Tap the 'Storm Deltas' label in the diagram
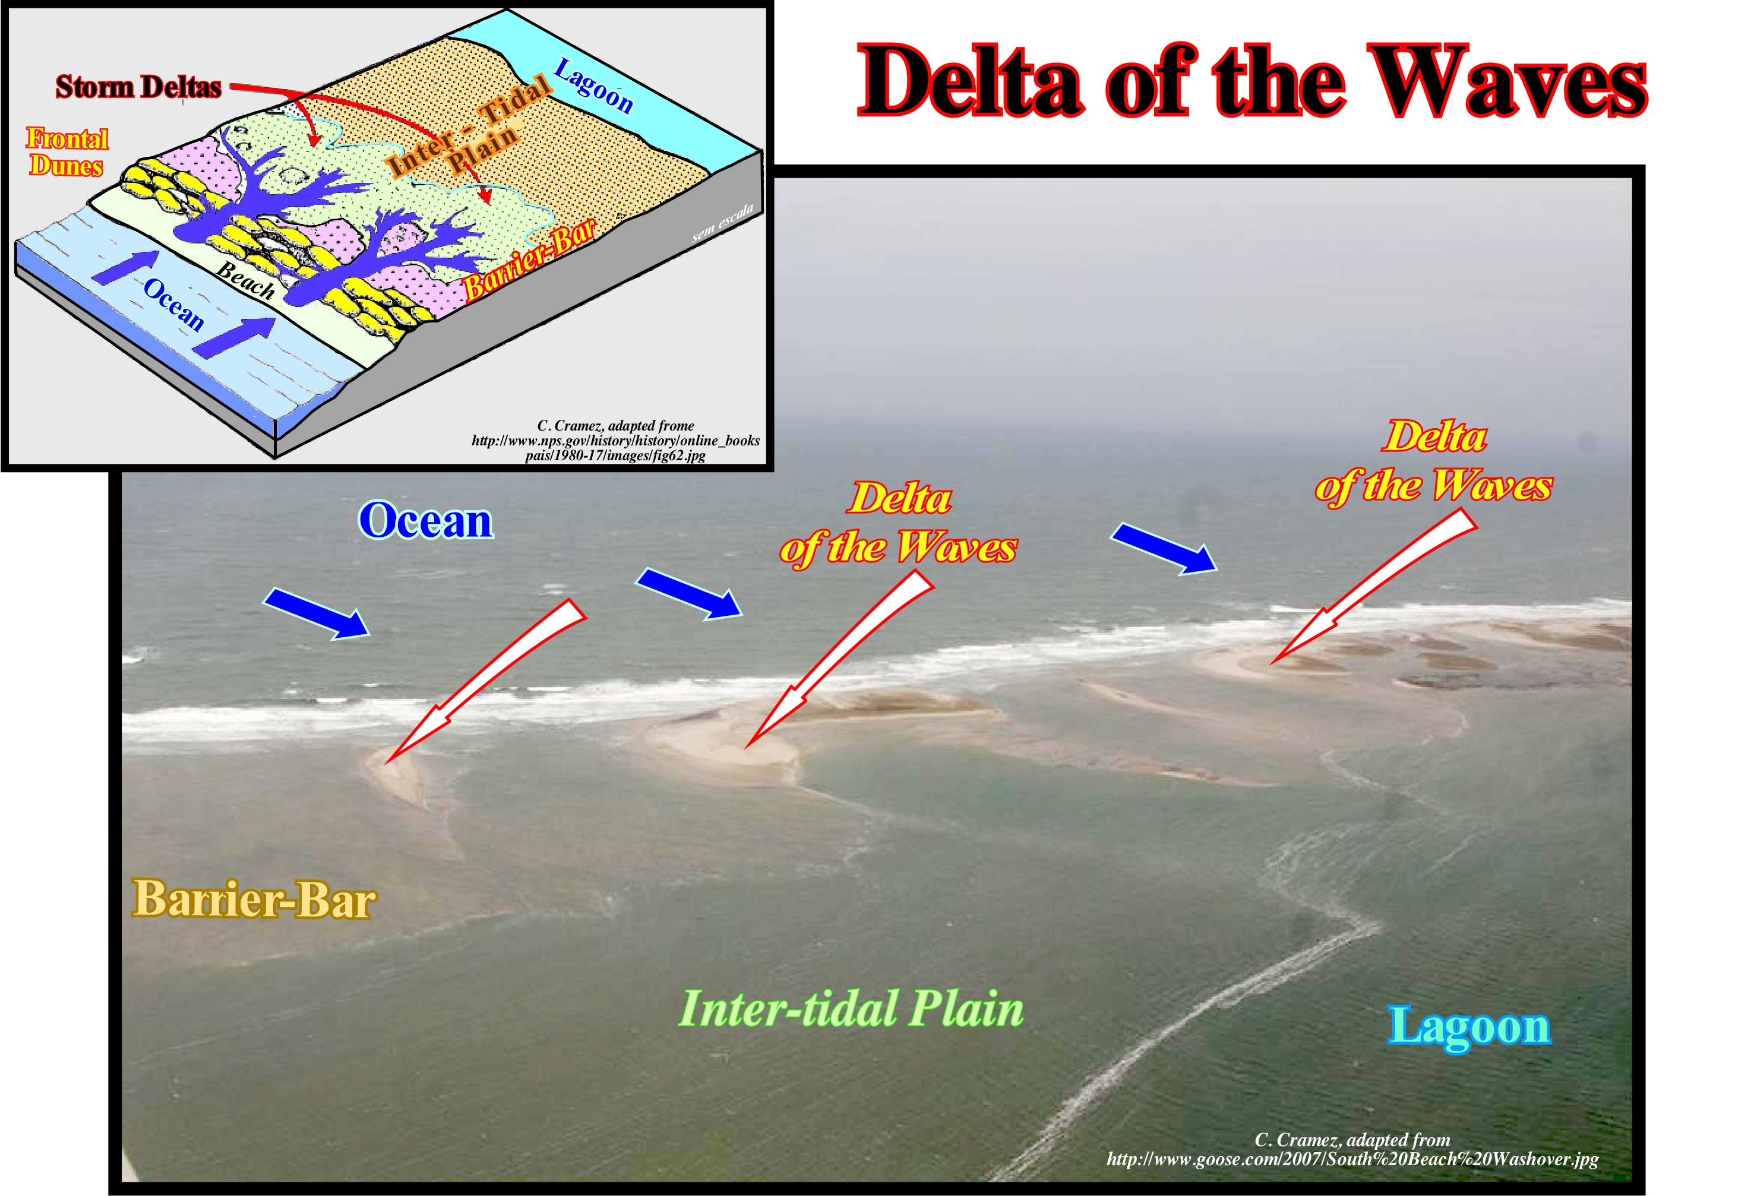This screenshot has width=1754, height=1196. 139,87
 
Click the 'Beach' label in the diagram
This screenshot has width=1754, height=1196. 246,280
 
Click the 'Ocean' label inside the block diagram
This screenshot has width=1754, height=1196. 173,304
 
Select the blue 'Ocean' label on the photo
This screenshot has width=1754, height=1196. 426,521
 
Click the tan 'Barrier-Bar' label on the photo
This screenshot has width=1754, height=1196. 254,898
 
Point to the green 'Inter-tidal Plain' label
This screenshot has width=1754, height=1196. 851,1009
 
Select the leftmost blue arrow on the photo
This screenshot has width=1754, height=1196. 316,613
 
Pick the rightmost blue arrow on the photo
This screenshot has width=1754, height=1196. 1164,549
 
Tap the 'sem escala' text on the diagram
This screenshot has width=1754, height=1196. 723,223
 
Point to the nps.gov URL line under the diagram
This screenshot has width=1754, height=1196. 615,440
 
